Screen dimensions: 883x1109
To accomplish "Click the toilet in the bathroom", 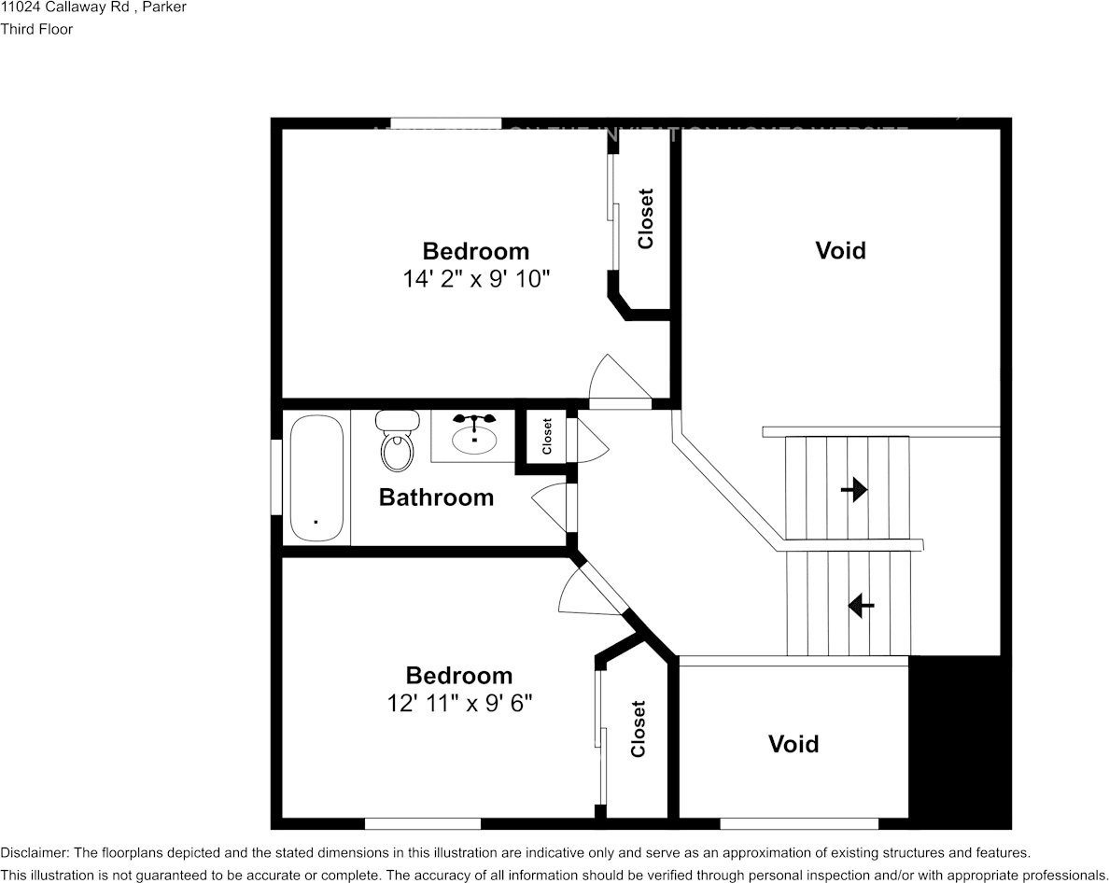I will (397, 442).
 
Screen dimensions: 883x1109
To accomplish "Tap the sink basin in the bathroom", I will (474, 437).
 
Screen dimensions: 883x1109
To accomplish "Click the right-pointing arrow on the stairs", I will (853, 489).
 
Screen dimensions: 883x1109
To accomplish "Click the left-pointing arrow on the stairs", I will (860, 607).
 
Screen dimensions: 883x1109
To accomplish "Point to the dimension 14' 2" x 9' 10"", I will (476, 278).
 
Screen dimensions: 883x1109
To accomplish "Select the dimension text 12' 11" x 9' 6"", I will (459, 703).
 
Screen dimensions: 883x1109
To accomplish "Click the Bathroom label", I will (436, 498).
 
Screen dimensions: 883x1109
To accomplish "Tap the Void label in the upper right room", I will (840, 250).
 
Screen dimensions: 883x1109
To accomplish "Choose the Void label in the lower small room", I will (793, 744).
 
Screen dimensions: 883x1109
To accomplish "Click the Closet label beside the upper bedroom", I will (645, 219).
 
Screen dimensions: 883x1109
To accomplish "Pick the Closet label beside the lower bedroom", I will (638, 729).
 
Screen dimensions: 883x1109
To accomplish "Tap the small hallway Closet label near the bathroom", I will (547, 436).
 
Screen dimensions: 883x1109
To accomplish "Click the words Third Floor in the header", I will (36, 29).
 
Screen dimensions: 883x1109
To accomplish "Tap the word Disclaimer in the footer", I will (34, 853).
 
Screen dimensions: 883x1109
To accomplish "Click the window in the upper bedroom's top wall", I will (445, 123).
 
